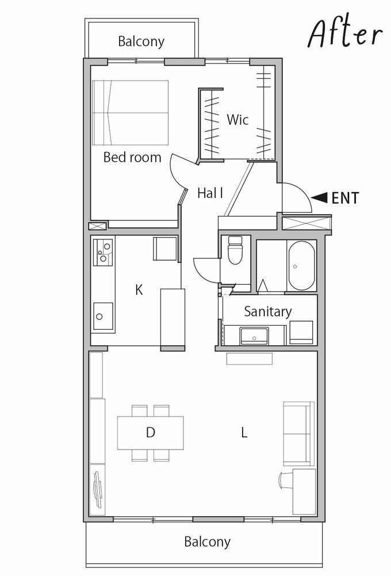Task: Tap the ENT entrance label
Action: pos(345,198)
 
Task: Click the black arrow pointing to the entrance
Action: pos(319,197)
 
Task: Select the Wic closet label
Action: pos(237,119)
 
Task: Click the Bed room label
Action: pos(132,157)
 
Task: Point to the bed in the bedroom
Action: pos(131,112)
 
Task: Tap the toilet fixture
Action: pos(235,250)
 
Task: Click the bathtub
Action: pos(301,266)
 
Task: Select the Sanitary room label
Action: pos(267,311)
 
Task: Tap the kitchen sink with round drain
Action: pos(103,316)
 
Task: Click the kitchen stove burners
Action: pos(103,253)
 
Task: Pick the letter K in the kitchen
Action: pos(139,290)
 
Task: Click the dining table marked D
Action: pos(150,433)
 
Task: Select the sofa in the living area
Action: pos(298,433)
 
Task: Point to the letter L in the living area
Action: pos(244,433)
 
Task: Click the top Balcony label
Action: pos(141,41)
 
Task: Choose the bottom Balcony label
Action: pos(207,542)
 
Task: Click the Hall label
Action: pos(210,193)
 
